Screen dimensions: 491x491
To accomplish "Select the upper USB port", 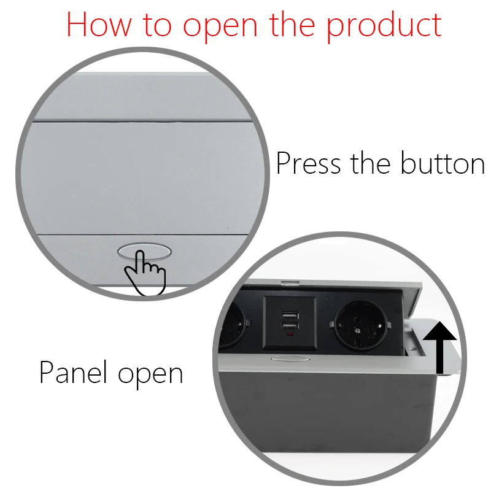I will (x=288, y=316).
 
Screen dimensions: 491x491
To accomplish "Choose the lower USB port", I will (x=288, y=328).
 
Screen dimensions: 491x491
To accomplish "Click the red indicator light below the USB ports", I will (x=288, y=338).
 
